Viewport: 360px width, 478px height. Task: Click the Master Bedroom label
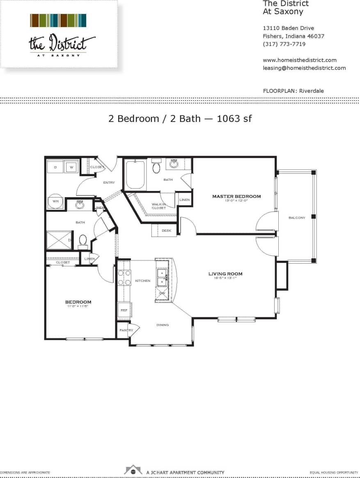click(236, 196)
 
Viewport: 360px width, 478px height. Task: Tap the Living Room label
click(225, 274)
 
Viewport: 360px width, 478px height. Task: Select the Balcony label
click(297, 218)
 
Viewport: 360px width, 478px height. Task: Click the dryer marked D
click(55, 167)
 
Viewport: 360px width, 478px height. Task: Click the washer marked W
click(71, 167)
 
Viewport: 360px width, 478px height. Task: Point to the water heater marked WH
click(55, 201)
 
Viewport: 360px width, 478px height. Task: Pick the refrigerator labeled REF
click(124, 310)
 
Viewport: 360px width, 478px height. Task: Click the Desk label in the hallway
click(166, 231)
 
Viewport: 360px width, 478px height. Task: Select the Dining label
click(162, 325)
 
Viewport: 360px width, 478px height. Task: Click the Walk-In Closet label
click(158, 206)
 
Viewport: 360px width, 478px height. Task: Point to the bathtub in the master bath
click(135, 175)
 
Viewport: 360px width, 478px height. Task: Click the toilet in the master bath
click(156, 167)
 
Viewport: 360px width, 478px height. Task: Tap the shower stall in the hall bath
click(59, 240)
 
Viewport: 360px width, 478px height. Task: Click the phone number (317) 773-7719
click(284, 44)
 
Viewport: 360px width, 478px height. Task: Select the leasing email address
click(304, 68)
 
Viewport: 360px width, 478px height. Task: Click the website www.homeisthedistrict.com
click(299, 60)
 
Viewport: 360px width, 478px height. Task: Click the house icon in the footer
click(133, 470)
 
